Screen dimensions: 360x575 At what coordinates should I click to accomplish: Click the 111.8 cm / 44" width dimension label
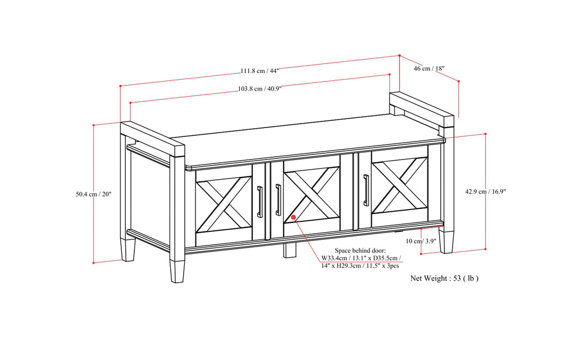tap(259, 71)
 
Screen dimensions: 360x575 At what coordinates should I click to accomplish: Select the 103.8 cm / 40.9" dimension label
tap(259, 88)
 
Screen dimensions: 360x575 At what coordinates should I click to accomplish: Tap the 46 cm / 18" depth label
tap(429, 69)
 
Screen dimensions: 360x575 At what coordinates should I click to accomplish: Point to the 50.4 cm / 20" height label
tap(94, 194)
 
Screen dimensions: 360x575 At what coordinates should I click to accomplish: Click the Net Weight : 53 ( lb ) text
tap(445, 277)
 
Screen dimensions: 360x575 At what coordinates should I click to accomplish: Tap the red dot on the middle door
tap(293, 216)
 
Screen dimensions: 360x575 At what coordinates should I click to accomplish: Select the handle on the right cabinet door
tap(366, 190)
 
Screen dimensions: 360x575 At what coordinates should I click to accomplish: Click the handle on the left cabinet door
tap(260, 201)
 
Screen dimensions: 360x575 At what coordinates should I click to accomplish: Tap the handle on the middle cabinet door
tap(278, 199)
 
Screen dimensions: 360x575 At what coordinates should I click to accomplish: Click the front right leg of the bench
tap(446, 239)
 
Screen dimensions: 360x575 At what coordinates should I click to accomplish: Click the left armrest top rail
tap(152, 140)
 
